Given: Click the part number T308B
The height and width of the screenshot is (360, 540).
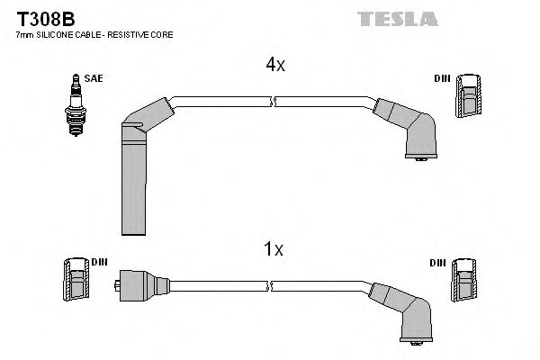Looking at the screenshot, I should (x=38, y=18).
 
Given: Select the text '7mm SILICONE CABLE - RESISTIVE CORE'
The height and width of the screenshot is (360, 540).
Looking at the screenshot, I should (x=95, y=34).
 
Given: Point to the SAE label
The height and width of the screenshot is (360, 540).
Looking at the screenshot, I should (x=94, y=79).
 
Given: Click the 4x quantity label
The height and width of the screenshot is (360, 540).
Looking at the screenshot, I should (x=274, y=65).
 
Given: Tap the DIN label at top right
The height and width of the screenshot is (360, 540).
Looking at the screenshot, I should (x=442, y=79).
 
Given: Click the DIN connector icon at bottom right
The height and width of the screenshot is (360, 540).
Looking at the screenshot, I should (x=464, y=279).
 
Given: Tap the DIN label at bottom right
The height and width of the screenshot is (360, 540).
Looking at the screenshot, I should (x=438, y=263).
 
